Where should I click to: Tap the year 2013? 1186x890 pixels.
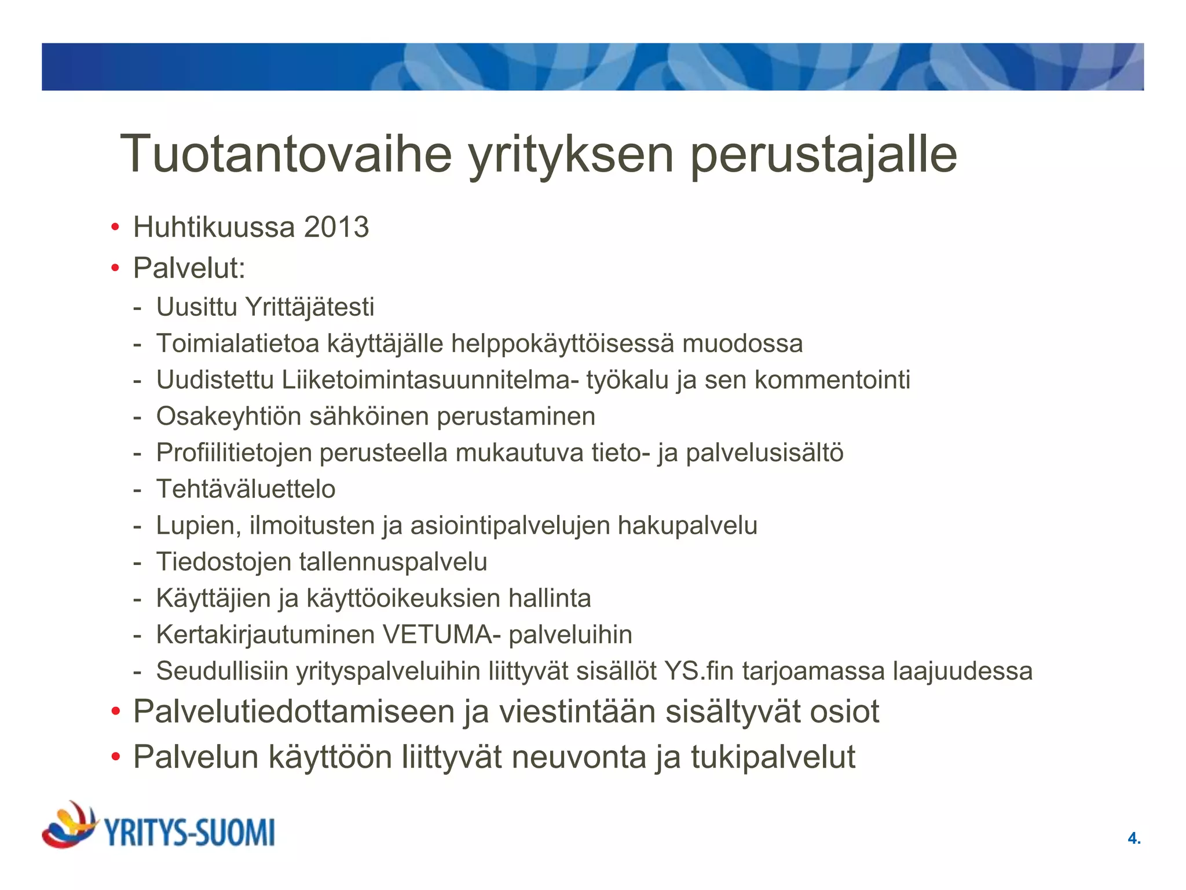[336, 227]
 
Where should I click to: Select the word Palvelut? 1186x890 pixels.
[189, 268]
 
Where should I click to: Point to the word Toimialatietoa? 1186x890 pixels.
[237, 344]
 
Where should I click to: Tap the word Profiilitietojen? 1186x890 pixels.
[234, 453]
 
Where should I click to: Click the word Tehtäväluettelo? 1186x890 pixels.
[246, 489]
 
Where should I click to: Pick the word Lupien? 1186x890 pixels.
[199, 526]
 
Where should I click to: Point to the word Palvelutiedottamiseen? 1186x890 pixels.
[294, 712]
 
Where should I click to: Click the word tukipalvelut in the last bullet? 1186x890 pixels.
[773, 757]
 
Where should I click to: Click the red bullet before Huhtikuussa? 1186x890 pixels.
[115, 227]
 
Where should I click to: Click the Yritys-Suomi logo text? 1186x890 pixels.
[189, 833]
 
